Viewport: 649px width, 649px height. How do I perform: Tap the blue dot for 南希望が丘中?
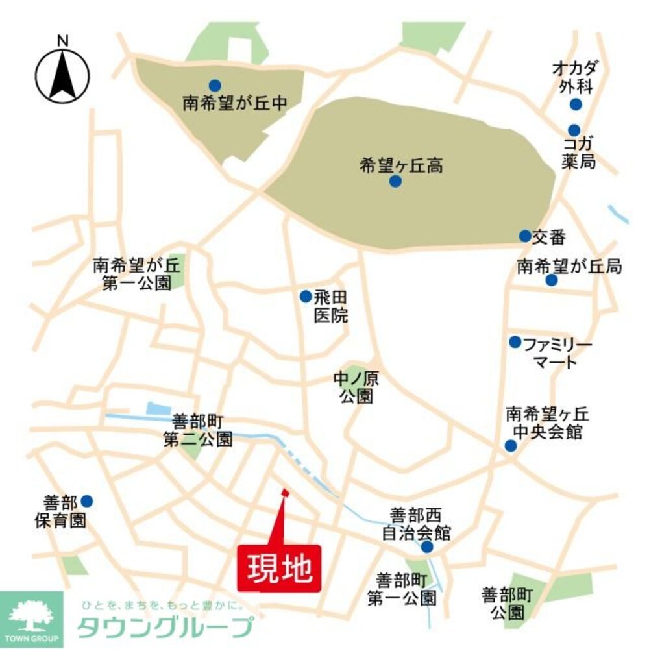coord(214,85)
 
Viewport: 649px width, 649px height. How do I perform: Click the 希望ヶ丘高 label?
coord(401,165)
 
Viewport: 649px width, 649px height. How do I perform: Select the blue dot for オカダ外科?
coord(575,104)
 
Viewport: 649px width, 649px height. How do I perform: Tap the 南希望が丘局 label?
coord(569,265)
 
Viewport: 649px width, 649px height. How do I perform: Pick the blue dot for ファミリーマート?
coord(515,341)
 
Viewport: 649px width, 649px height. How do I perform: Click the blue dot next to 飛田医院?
coord(305,297)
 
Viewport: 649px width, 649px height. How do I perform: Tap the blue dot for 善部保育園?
coord(86,501)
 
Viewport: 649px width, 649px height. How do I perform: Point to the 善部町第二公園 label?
coord(197,430)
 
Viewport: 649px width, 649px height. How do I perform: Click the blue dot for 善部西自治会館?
coord(426,547)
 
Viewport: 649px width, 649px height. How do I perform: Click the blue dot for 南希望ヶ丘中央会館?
coord(511,445)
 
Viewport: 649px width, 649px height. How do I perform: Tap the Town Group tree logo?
coord(31,617)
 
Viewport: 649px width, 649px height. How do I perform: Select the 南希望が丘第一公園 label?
coord(136,274)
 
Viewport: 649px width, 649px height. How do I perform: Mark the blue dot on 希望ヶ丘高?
coord(395,182)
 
